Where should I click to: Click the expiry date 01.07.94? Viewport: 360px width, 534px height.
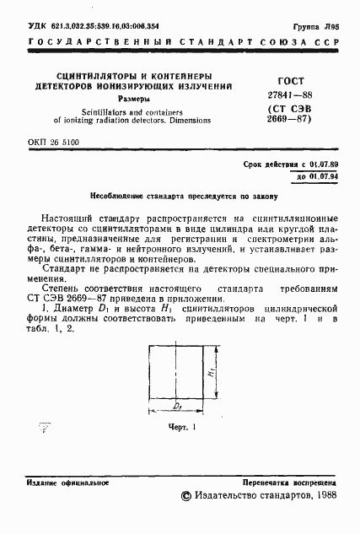(318, 177)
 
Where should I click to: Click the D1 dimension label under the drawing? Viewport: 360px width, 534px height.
(180, 407)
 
